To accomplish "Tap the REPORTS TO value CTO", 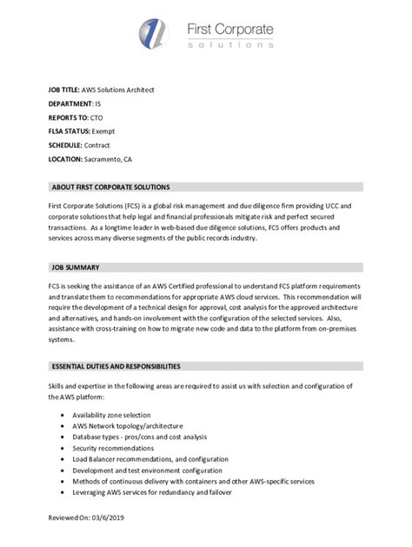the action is pyautogui.click(x=98, y=117).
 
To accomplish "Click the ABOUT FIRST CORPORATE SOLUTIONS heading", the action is pyautogui.click(x=110, y=187).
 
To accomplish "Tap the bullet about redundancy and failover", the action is pyautogui.click(x=164, y=491).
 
